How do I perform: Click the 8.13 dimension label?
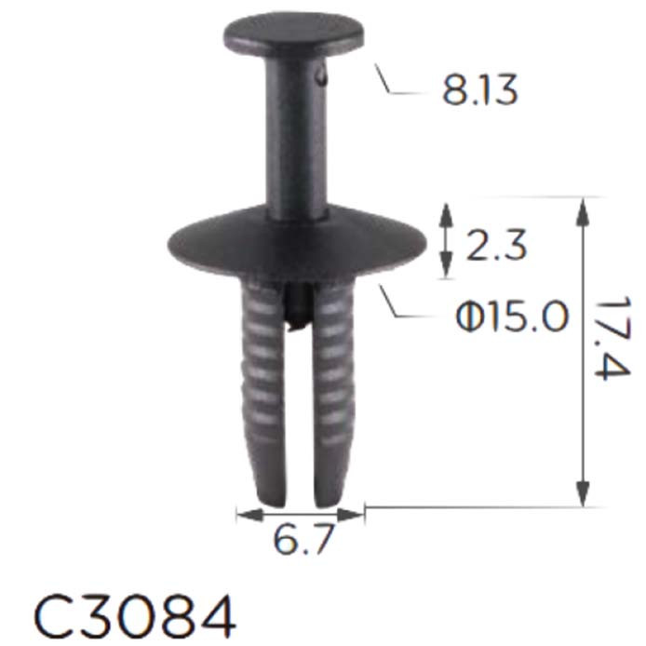point(479,90)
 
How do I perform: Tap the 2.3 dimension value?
point(495,246)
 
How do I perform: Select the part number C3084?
point(135,615)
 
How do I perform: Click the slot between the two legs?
point(299,419)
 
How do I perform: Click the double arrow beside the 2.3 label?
point(445,239)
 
